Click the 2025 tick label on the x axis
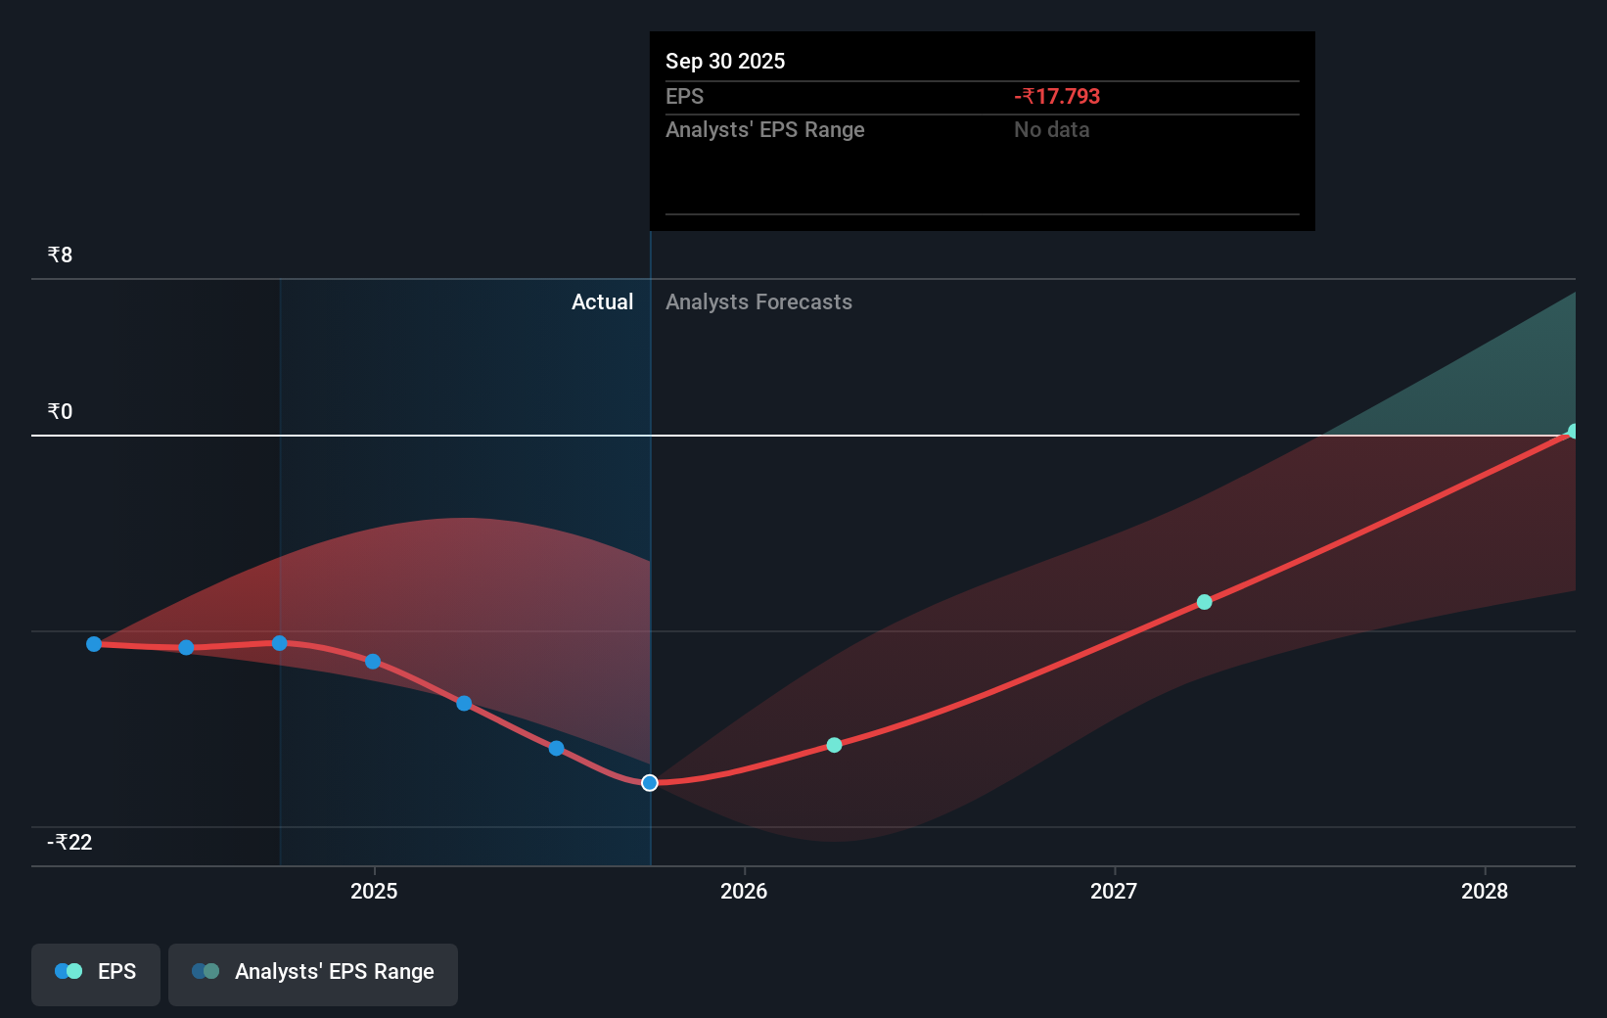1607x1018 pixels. pyautogui.click(x=374, y=891)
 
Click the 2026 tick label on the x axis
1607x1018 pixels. pyautogui.click(x=744, y=891)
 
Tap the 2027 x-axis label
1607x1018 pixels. pyautogui.click(x=1114, y=891)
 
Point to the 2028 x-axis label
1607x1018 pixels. pyautogui.click(x=1484, y=891)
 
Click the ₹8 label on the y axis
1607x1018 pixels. pyautogui.click(x=60, y=255)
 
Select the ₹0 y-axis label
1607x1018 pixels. pyautogui.click(x=60, y=412)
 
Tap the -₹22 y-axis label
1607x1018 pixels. pyautogui.click(x=69, y=843)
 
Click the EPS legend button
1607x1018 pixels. pyautogui.click(x=96, y=972)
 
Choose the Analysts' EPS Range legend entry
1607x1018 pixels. pyautogui.click(x=313, y=972)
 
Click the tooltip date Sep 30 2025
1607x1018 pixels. pyautogui.click(x=725, y=62)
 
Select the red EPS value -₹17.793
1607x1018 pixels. pyautogui.click(x=1057, y=97)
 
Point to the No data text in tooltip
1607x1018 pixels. pyautogui.click(x=1051, y=130)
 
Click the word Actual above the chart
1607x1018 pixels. pyautogui.click(x=602, y=302)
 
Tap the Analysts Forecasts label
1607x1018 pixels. pyautogui.click(x=758, y=302)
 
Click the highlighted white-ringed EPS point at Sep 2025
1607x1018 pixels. pyautogui.click(x=650, y=783)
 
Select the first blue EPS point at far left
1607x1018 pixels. pyautogui.click(x=94, y=644)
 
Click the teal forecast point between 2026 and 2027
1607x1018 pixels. pyautogui.click(x=834, y=745)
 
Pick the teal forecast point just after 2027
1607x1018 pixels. pyautogui.click(x=1205, y=602)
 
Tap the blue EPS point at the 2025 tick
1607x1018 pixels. pyautogui.click(x=373, y=662)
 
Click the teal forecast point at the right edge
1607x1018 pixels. pyautogui.click(x=1573, y=432)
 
